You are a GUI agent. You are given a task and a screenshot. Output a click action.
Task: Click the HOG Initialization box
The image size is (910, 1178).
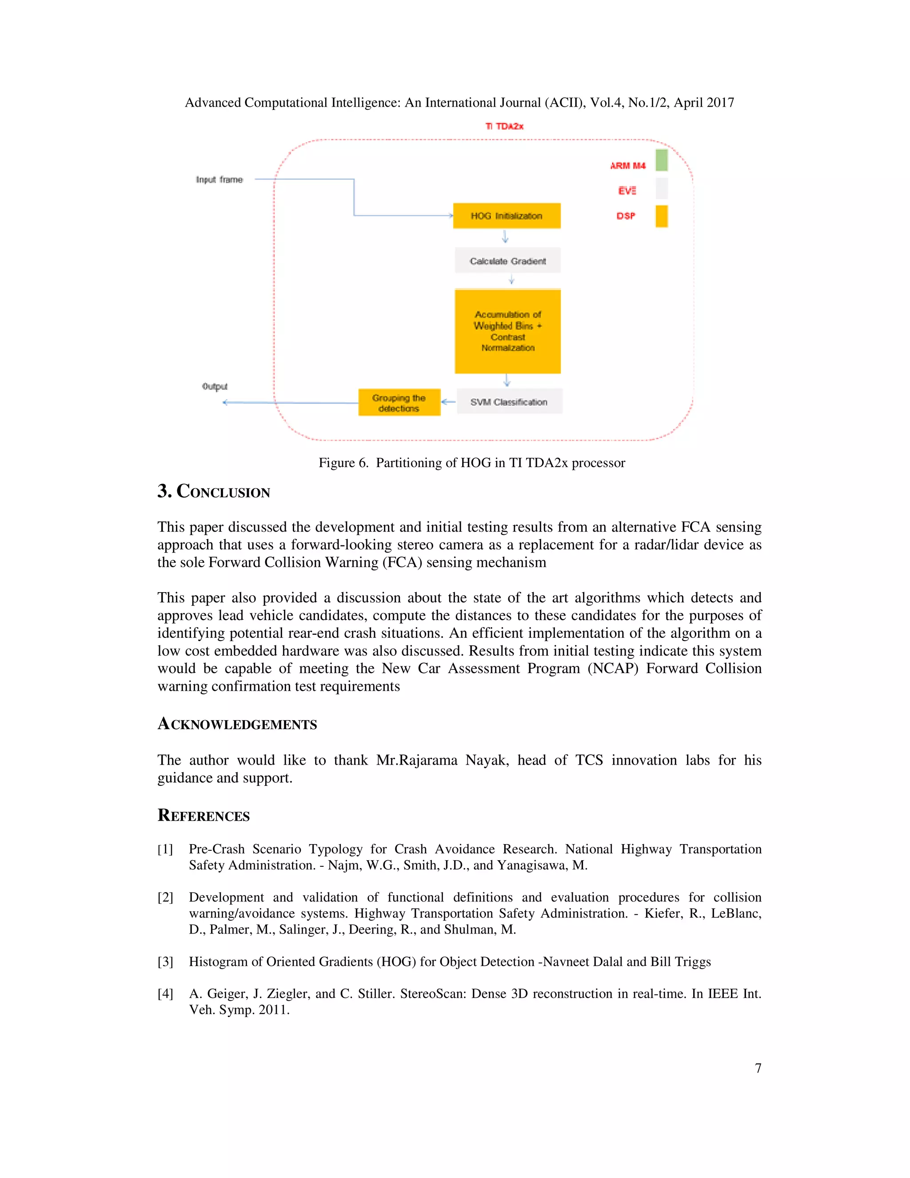pyautogui.click(x=506, y=216)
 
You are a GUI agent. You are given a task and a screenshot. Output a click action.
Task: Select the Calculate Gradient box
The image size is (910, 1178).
pyautogui.click(x=507, y=261)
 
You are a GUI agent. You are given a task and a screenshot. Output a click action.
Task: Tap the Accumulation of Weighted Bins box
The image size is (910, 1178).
pyautogui.click(x=507, y=331)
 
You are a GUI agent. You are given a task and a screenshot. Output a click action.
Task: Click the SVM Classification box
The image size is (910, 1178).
pyautogui.click(x=509, y=402)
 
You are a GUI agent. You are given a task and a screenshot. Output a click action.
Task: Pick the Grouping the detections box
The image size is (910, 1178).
pyautogui.click(x=399, y=403)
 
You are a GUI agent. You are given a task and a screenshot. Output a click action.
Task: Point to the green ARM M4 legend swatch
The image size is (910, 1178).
pyautogui.click(x=662, y=160)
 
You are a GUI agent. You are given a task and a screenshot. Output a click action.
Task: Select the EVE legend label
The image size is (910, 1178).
pyautogui.click(x=627, y=190)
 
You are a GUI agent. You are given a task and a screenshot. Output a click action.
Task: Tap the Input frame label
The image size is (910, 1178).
pyautogui.click(x=220, y=180)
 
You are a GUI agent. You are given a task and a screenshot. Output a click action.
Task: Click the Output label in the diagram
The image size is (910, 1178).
pyautogui.click(x=215, y=386)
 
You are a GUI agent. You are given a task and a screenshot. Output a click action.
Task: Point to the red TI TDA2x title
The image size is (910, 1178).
pyautogui.click(x=504, y=126)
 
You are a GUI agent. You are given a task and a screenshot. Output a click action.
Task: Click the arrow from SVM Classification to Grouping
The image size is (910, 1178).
pyautogui.click(x=448, y=402)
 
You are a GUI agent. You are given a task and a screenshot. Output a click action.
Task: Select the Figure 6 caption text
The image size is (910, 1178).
pyautogui.click(x=472, y=463)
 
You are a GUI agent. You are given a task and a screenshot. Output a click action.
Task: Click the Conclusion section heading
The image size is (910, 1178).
pyautogui.click(x=214, y=491)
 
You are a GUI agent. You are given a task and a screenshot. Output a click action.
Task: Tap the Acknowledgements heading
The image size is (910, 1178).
pyautogui.click(x=237, y=724)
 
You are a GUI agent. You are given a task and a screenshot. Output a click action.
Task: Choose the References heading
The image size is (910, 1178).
pyautogui.click(x=204, y=816)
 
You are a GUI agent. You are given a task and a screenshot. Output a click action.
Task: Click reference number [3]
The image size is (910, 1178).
pyautogui.click(x=165, y=962)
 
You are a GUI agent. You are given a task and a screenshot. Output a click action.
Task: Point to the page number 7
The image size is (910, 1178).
pyautogui.click(x=758, y=1068)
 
